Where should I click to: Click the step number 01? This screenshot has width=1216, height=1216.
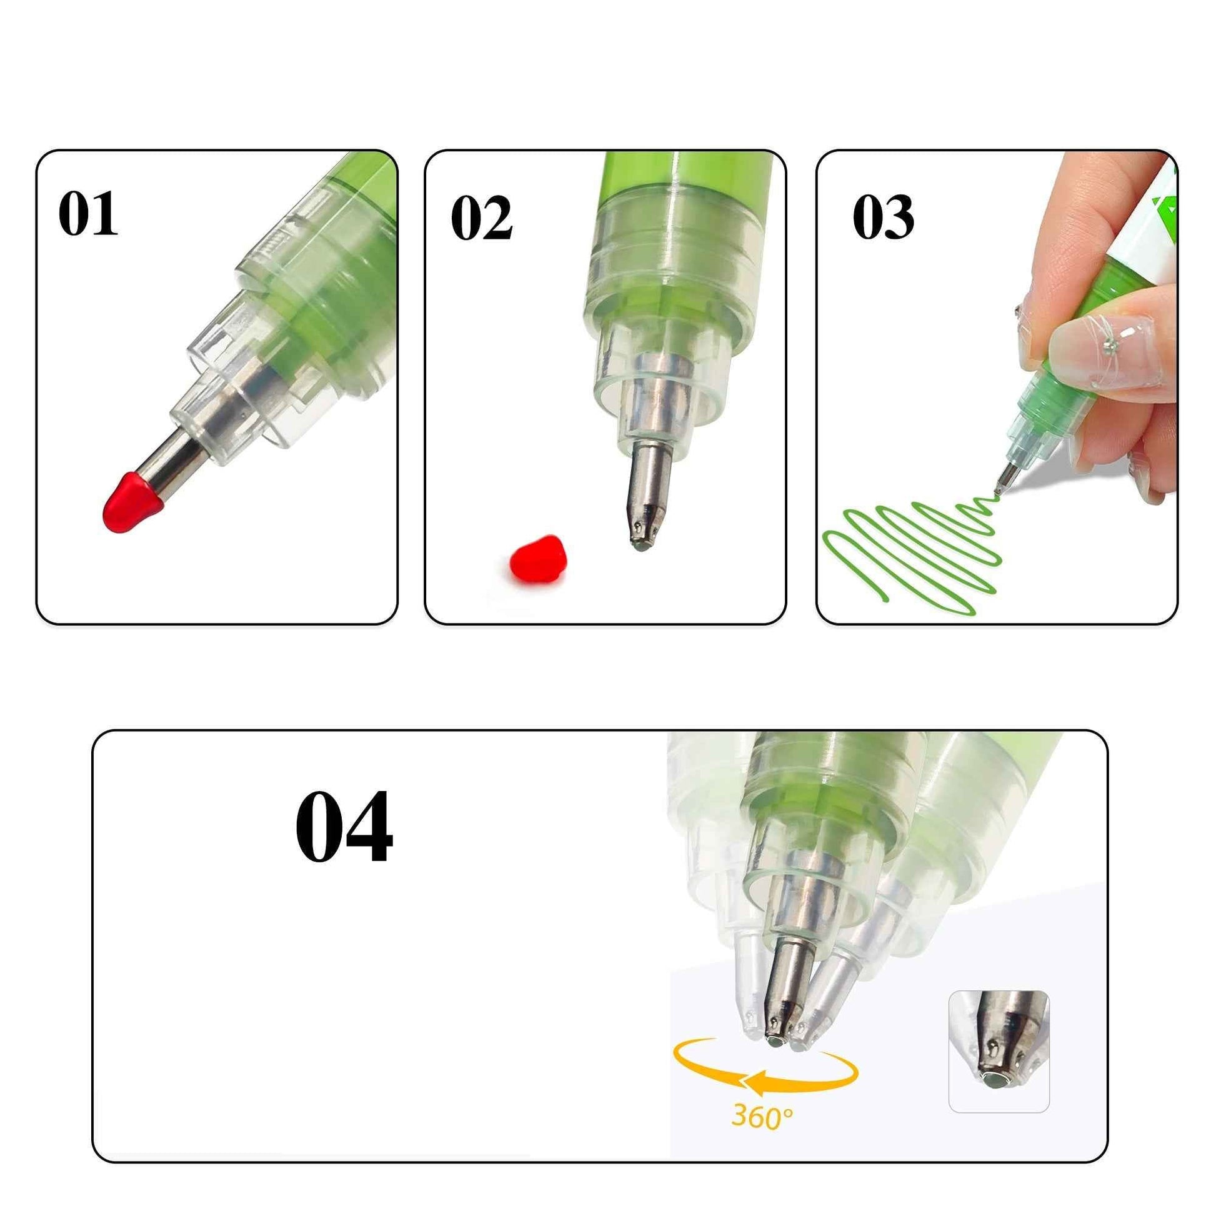pyautogui.click(x=87, y=214)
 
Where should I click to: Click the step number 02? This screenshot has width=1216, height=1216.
pyautogui.click(x=482, y=218)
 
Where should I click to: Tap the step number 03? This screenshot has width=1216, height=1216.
pyautogui.click(x=883, y=217)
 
